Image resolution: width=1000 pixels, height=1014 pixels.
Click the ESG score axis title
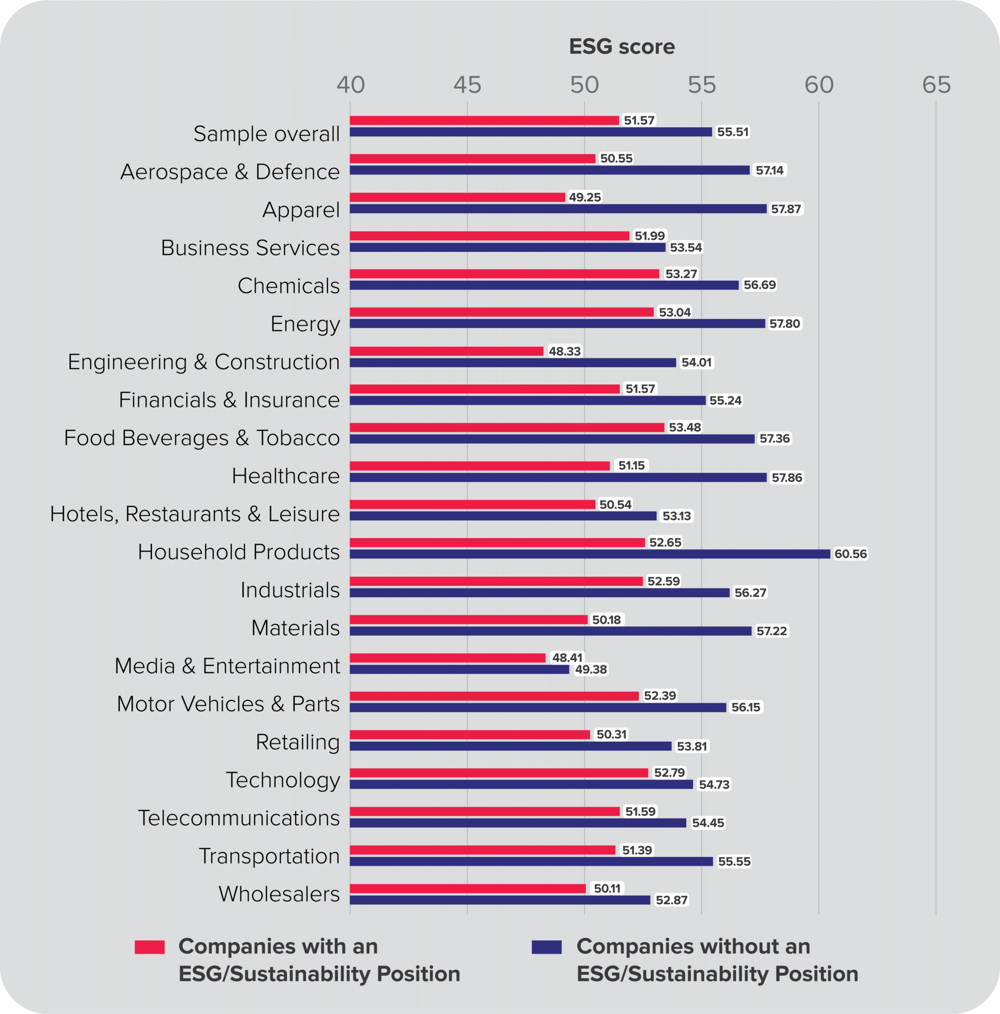[622, 47]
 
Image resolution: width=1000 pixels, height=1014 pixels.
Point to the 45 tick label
[467, 85]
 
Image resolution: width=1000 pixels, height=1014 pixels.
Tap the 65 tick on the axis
[936, 85]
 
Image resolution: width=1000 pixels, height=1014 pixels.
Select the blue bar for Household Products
[589, 554]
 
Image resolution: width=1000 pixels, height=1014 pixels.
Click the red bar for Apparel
[457, 198]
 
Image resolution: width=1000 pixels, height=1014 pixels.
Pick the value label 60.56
[850, 554]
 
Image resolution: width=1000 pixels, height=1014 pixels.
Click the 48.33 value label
[564, 351]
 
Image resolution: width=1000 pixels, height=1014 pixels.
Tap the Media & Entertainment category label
[227, 665]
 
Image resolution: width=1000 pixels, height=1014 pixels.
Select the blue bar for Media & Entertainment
[459, 669]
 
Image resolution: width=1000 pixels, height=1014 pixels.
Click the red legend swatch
[150, 947]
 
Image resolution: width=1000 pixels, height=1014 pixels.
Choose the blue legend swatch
[546, 947]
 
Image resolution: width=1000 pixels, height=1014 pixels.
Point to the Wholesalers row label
[279, 894]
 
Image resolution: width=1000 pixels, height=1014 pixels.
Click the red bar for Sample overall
[484, 120]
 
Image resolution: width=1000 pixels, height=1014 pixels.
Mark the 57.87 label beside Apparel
[786, 209]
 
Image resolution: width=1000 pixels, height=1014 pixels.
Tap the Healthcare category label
[286, 476]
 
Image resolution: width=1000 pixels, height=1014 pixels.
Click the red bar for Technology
[499, 772]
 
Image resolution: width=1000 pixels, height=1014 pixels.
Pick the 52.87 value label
[671, 900]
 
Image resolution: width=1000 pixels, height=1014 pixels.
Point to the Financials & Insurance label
[229, 400]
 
